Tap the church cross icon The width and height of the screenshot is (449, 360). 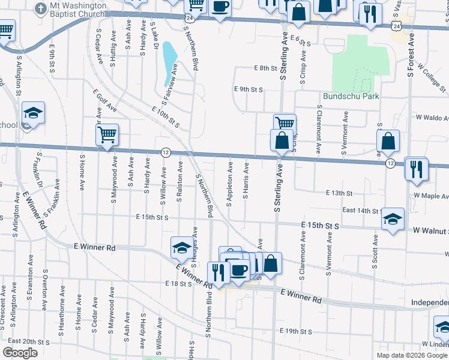point(40,9)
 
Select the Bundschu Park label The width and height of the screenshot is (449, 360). point(351,95)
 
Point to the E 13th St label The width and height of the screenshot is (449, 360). point(339,193)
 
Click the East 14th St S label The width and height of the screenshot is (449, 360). point(363,211)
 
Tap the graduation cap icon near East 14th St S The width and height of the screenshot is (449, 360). point(393,220)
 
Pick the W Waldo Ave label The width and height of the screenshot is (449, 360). point(429,118)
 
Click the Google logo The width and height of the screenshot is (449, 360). point(20,353)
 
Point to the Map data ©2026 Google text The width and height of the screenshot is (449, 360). point(411,355)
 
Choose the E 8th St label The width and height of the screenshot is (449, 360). point(264,68)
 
